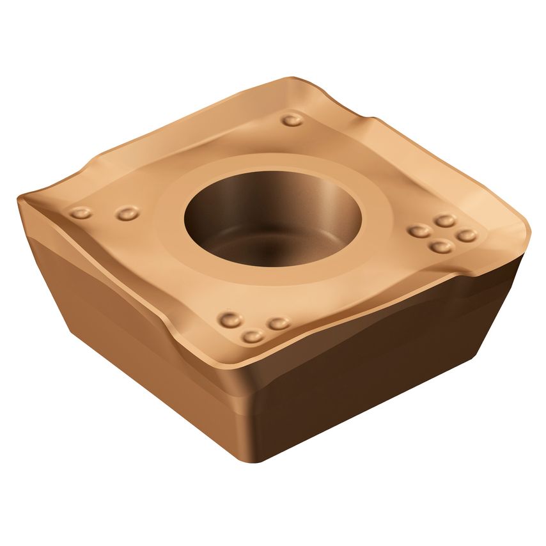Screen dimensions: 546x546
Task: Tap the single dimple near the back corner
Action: coord(292,120)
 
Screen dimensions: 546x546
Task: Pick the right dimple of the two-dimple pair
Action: coord(127,212)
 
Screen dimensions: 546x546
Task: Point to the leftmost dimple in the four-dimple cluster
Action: coord(419,231)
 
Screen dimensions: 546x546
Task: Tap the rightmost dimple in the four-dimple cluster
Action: coord(467,235)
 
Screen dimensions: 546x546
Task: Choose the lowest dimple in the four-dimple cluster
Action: coord(441,246)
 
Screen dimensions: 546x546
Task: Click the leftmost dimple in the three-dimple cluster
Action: coord(229,319)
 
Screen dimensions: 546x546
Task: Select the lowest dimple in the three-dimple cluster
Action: coord(253,336)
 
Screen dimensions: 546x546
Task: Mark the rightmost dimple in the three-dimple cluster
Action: coord(279,324)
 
